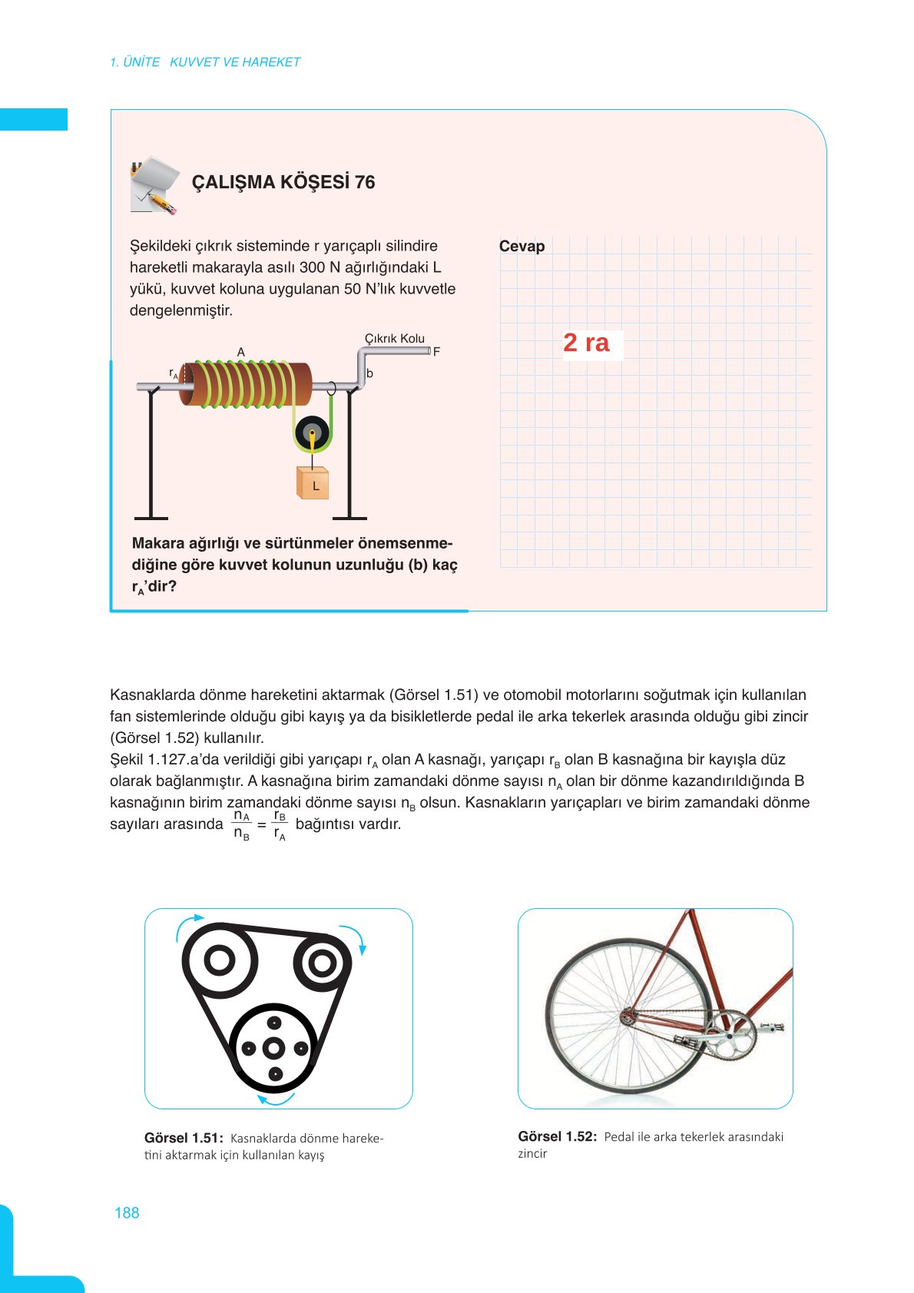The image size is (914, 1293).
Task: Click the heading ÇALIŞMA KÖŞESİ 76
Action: pos(283,182)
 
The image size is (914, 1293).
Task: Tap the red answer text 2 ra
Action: pos(586,343)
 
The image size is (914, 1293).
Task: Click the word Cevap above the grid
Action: pos(522,246)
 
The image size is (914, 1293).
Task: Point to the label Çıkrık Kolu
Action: pos(394,338)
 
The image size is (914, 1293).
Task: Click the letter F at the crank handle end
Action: pos(436,352)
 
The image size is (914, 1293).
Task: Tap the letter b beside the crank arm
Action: pos(369,373)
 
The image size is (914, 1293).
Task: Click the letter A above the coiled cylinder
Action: pos(240,352)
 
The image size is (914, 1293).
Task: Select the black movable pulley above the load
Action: pos(312,433)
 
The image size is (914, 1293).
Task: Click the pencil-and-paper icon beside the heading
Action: pos(154,185)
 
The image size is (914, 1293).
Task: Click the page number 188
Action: pos(127,1212)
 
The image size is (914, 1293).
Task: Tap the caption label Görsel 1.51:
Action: pos(184,1138)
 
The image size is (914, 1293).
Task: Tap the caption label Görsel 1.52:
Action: pos(557,1136)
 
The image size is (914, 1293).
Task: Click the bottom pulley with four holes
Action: pos(274,1048)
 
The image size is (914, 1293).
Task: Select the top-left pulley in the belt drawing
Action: pos(220,960)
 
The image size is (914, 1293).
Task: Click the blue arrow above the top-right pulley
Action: pos(354,937)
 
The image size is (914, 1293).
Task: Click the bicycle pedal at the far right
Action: pos(771,1026)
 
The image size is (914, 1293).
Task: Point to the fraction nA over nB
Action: pos(241,825)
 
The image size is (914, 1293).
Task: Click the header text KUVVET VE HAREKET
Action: pos(235,62)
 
